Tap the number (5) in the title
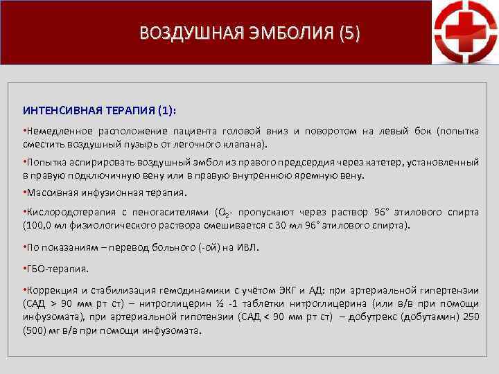(349, 33)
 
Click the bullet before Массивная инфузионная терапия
(25, 193)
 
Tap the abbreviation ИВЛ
(247, 247)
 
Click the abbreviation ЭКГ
(297, 290)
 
